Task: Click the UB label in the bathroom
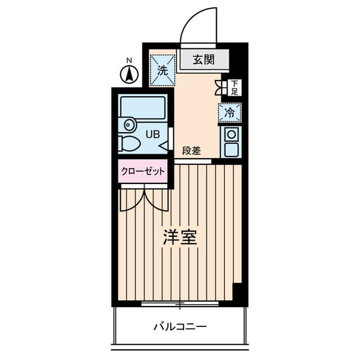coord(152,134)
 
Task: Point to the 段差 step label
coord(191,151)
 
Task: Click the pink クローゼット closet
coord(142,171)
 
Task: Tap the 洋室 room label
coord(180,237)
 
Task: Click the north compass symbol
coord(130,74)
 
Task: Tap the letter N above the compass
coord(129,60)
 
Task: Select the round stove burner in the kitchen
coord(231,134)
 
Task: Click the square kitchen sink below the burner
coord(231,150)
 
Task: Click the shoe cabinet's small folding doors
coord(219,87)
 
